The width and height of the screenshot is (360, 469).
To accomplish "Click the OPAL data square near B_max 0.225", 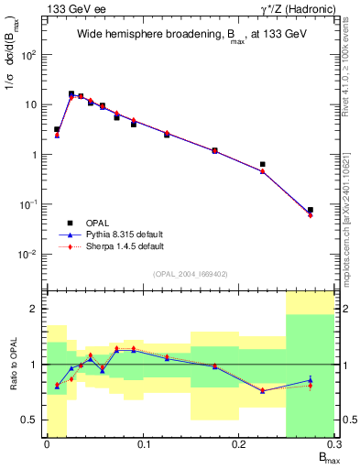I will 263,165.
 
